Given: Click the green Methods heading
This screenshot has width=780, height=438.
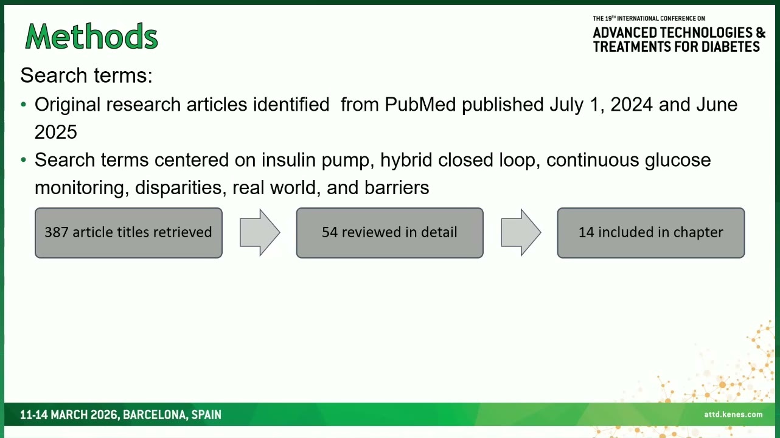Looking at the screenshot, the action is click(92, 36).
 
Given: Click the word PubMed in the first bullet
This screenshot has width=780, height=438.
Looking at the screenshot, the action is click(420, 105).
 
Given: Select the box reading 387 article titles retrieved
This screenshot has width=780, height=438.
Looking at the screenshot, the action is click(128, 232).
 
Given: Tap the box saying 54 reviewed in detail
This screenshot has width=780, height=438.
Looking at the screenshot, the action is click(389, 232).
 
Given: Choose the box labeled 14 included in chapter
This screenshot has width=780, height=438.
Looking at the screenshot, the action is click(651, 232).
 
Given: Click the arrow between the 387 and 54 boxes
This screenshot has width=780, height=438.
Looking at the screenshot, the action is click(260, 232).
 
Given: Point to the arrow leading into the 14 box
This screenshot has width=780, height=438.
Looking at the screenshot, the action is click(521, 232).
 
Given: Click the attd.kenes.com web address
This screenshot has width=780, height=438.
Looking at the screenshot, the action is click(733, 414).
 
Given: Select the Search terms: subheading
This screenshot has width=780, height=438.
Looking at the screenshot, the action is click(86, 75).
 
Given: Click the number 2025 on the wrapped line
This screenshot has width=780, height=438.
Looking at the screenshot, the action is click(56, 132).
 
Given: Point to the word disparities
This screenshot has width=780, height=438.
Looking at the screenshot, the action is click(178, 188).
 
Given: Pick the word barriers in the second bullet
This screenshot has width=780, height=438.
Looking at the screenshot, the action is click(397, 187).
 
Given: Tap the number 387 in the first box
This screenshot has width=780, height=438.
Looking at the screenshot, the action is click(56, 232).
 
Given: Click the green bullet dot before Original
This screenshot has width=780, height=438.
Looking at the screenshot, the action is click(24, 105).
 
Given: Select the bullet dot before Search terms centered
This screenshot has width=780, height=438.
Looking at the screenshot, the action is click(24, 160).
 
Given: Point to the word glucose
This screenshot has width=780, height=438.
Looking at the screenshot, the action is click(678, 161).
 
